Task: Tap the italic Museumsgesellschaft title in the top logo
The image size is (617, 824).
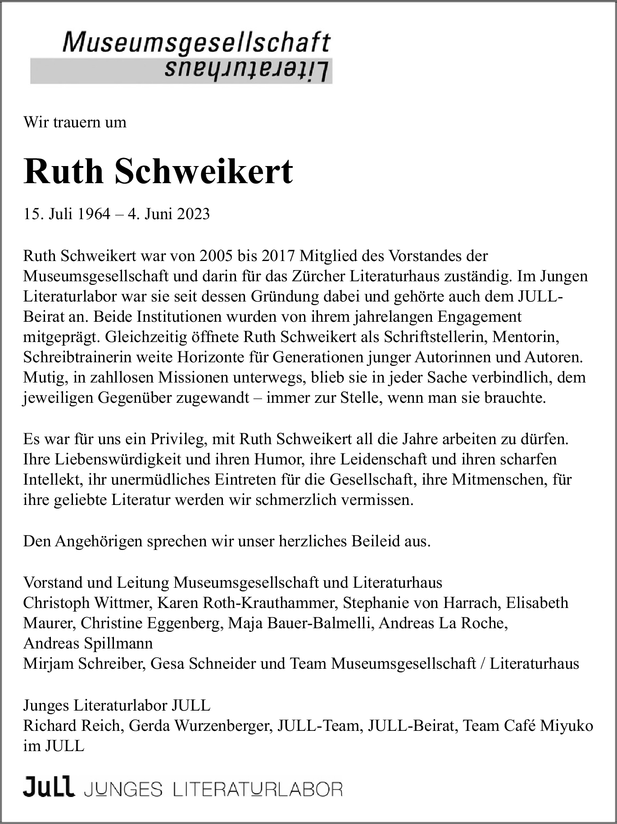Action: tap(197, 43)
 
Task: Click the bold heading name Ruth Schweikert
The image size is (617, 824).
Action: tap(158, 171)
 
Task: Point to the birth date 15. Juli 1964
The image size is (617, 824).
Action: tap(67, 214)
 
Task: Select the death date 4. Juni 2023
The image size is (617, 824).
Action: tap(169, 214)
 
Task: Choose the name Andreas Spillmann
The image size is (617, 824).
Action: tap(88, 643)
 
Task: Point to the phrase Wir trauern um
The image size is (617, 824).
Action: tap(75, 122)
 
